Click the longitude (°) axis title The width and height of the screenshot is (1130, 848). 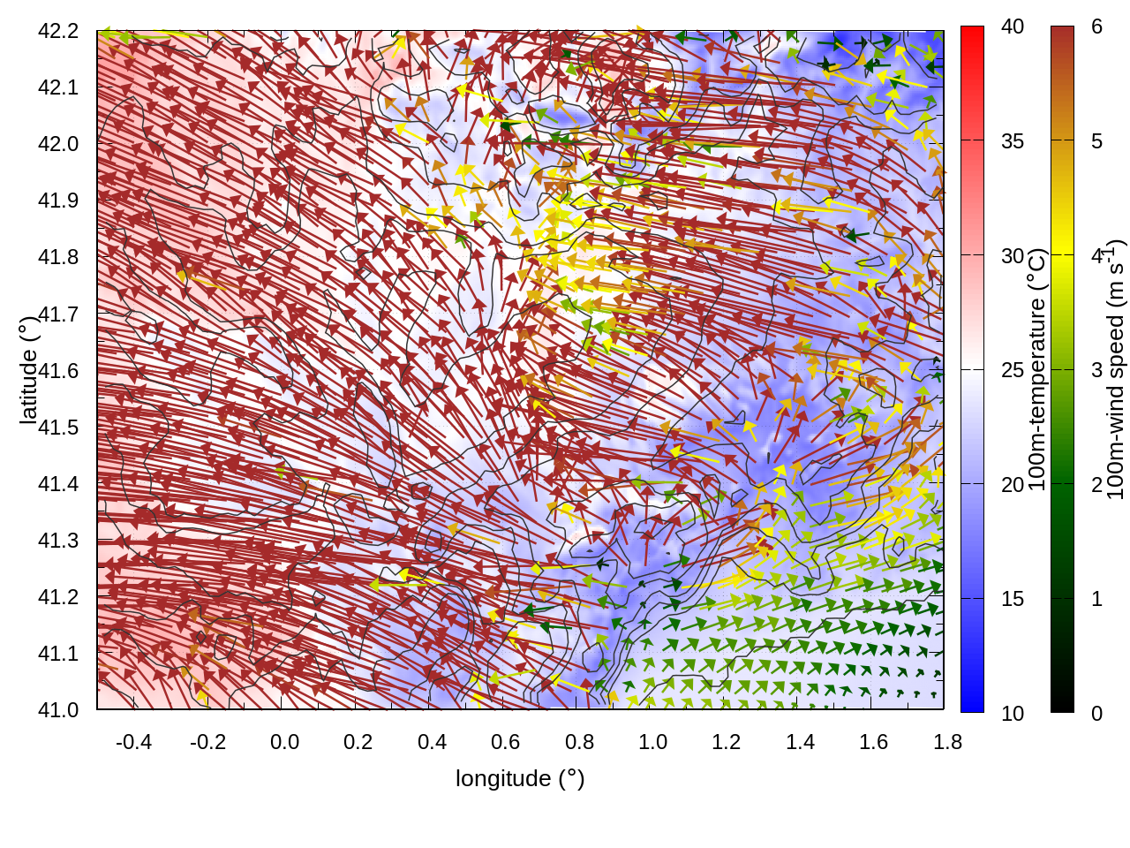tap(520, 778)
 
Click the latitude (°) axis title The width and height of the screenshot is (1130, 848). tap(28, 370)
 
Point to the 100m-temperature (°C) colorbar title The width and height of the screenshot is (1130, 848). tap(1037, 370)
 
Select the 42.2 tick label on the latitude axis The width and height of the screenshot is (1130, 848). tap(58, 31)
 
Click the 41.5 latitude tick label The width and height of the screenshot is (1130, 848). tap(58, 428)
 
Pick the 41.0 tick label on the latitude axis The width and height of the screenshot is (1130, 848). tap(58, 710)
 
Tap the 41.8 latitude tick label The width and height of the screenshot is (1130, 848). tap(58, 257)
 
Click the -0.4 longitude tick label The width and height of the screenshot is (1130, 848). tap(133, 742)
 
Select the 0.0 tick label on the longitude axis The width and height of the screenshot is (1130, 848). tap(284, 742)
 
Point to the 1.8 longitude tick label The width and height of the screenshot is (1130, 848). tap(947, 742)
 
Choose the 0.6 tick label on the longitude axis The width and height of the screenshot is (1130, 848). tap(506, 742)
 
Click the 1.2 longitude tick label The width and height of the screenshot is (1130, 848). tap(727, 742)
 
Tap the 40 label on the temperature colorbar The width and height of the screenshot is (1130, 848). tap(1013, 26)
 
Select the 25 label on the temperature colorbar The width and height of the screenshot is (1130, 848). tap(1013, 370)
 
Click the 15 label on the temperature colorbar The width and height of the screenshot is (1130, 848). tap(1013, 599)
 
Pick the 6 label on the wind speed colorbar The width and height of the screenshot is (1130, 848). tap(1096, 26)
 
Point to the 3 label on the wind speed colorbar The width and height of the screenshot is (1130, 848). tap(1096, 370)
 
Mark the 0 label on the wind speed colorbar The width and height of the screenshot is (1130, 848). tap(1096, 713)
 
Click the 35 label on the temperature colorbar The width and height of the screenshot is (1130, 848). tap(1013, 141)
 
